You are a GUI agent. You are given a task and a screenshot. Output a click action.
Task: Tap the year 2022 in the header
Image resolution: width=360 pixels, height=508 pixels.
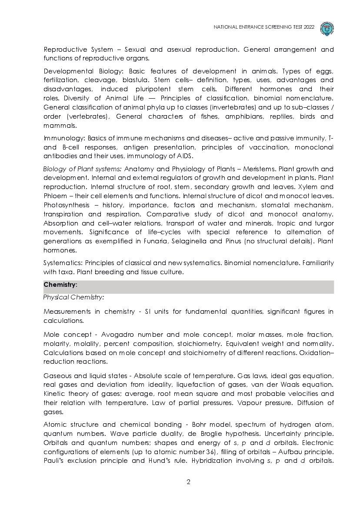[x=308, y=27]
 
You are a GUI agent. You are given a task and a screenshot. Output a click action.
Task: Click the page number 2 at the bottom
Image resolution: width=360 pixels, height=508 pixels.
[x=189, y=481]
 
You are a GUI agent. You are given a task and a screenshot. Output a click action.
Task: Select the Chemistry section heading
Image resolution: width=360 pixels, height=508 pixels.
[x=60, y=285]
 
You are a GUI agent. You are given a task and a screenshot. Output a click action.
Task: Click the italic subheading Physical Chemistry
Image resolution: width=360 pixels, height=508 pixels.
[x=73, y=297]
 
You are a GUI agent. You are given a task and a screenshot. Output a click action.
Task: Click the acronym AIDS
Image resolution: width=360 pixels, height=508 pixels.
[x=184, y=156]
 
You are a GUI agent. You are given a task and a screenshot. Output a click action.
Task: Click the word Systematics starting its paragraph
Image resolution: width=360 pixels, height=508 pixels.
[x=63, y=263]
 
